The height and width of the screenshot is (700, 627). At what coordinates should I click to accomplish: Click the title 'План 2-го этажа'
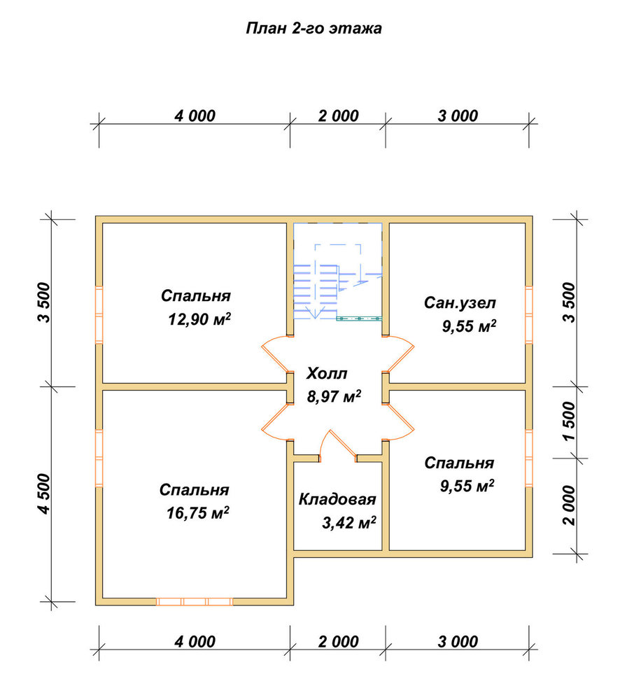pos(313,28)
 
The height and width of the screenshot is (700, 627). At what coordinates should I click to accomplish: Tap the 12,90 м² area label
pos(199,318)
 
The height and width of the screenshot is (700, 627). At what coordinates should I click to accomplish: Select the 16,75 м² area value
pos(198,512)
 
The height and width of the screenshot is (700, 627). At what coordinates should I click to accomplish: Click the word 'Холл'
pos(327,373)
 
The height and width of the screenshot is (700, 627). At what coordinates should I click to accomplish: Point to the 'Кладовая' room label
pos(337,499)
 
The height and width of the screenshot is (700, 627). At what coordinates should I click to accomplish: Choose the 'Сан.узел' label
pos(460,302)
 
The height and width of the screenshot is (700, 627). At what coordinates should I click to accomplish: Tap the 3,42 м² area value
pos(349,522)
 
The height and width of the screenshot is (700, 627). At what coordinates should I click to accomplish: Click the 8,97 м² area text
pos(334,395)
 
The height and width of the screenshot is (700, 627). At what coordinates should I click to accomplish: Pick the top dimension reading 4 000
pos(195,116)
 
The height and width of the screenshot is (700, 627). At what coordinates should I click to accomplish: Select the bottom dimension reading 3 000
pos(458,642)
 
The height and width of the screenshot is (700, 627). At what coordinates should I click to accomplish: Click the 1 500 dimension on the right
pos(570,421)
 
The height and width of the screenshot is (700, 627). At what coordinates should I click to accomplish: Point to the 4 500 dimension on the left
pos(45,493)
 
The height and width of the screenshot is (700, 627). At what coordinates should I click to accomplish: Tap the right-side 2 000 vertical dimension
pos(570,505)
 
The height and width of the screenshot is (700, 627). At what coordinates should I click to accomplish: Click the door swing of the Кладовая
pos(339,442)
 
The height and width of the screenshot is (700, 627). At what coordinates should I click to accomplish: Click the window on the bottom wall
pos(195,602)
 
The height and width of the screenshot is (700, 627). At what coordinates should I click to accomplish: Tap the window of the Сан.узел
pos(529,315)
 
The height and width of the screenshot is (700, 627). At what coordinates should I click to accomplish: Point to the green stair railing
pos(359,318)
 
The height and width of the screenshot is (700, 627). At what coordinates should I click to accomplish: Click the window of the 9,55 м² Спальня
pos(529,458)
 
